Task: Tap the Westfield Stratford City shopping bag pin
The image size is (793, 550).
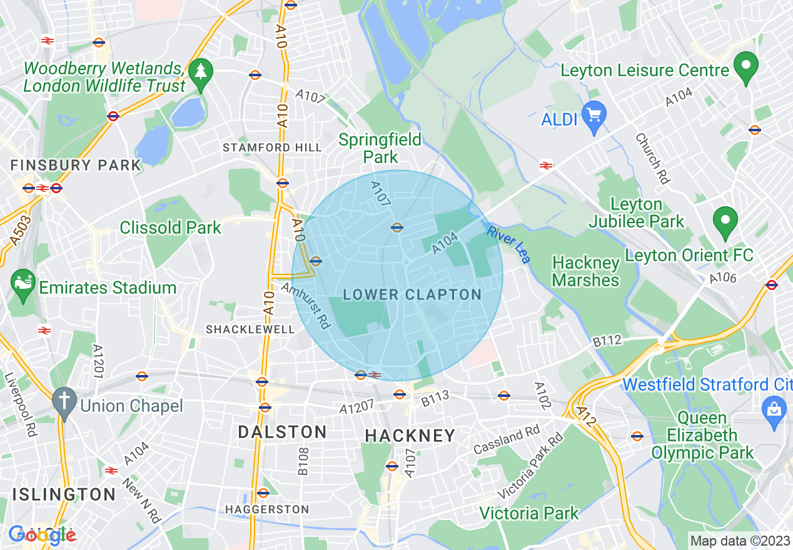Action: (x=774, y=410)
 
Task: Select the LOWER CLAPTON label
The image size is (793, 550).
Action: (x=412, y=295)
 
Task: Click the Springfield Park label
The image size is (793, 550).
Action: (x=380, y=147)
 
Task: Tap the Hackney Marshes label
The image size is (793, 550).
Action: (x=586, y=271)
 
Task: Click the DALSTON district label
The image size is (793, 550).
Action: (x=282, y=432)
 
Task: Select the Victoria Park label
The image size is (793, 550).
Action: (x=529, y=514)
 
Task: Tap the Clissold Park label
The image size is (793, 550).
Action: (x=170, y=227)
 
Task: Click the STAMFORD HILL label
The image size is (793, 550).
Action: (x=273, y=147)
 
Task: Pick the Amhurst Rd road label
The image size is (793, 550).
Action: (x=305, y=306)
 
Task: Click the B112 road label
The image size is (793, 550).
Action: (x=607, y=341)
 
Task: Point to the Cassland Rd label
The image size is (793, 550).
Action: (x=507, y=440)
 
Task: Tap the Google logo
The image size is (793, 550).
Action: (x=42, y=534)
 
